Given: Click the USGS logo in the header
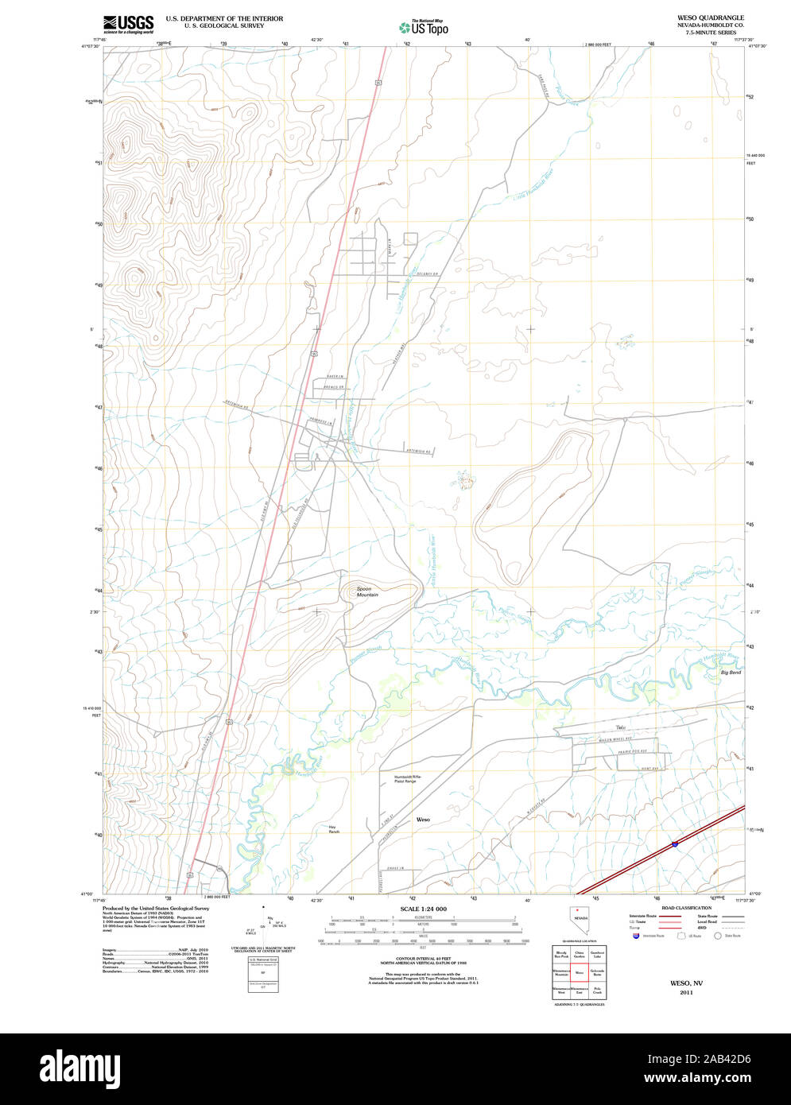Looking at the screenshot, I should (128, 23).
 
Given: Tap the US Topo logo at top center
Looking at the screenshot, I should (423, 27).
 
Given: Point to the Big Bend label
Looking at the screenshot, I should (731, 673).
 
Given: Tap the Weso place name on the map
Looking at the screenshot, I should (423, 819).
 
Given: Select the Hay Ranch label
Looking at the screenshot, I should (333, 829).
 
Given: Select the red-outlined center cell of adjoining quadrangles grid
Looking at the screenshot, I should (580, 972).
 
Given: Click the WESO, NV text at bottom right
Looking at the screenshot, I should (680, 983).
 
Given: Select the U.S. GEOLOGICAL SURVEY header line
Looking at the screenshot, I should (223, 25).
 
